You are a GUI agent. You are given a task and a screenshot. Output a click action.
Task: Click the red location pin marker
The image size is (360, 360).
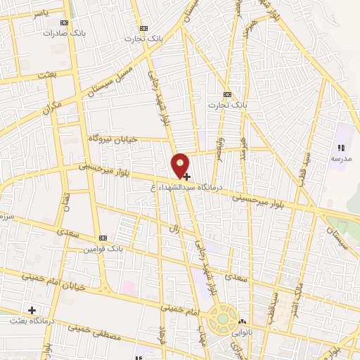click(181, 165)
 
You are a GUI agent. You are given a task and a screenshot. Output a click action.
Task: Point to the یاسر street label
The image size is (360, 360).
click(22, 13)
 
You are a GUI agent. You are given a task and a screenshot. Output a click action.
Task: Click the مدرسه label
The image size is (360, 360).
click(341, 159)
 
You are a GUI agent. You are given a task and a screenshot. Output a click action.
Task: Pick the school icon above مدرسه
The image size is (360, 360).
click(341, 148)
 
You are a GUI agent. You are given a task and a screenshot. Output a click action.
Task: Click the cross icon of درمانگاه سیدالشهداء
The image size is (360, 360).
click(186, 176)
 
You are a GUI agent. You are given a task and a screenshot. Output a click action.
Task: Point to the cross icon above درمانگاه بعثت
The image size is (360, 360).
click(31, 309)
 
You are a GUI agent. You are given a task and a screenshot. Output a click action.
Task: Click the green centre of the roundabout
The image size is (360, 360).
click(223, 319)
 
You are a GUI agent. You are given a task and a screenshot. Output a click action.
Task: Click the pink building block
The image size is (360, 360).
click(129, 287)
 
